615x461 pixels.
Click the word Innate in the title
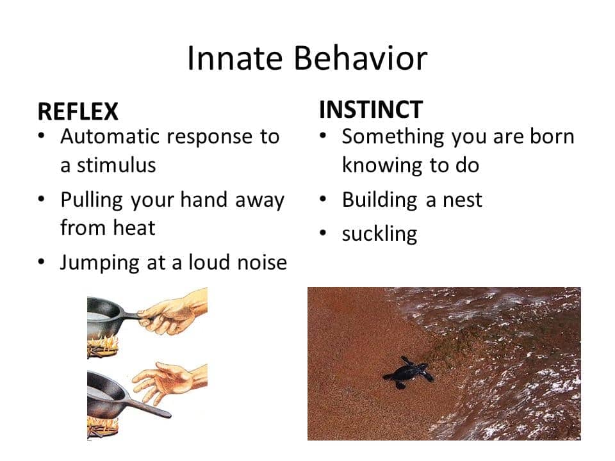[234, 58]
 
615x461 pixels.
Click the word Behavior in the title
[360, 58]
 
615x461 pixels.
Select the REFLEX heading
[78, 111]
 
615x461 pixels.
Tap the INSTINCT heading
[371, 109]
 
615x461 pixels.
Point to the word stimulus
[116, 165]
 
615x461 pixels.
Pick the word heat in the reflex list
[134, 228]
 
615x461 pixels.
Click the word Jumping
[100, 263]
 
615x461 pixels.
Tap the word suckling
[379, 234]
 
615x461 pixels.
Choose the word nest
[463, 200]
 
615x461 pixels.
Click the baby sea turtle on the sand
[409, 373]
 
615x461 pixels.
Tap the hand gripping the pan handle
[172, 314]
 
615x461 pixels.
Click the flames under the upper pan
[102, 344]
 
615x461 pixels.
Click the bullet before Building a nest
[323, 200]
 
